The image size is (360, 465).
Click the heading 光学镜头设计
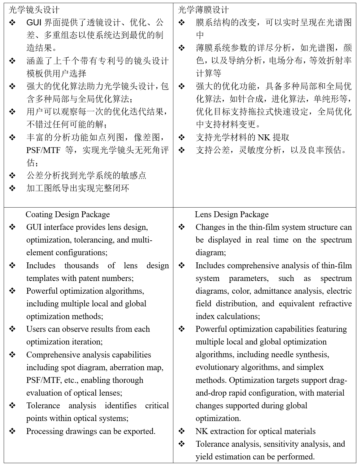pyautogui.click(x=34, y=10)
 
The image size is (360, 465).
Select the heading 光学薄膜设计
pyautogui.click(x=203, y=10)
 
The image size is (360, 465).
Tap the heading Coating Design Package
pyautogui.click(x=67, y=214)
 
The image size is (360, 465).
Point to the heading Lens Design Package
pyautogui.click(x=232, y=214)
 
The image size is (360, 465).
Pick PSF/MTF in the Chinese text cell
pyautogui.click(x=43, y=150)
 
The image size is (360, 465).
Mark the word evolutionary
pyautogui.click(x=217, y=367)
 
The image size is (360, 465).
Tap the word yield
pyautogui.click(x=204, y=457)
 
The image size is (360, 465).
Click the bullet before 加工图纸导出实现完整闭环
pyautogui.click(x=12, y=188)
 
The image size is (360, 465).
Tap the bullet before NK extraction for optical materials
pyautogui.click(x=182, y=431)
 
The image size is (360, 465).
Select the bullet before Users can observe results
pyautogui.click(x=12, y=329)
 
